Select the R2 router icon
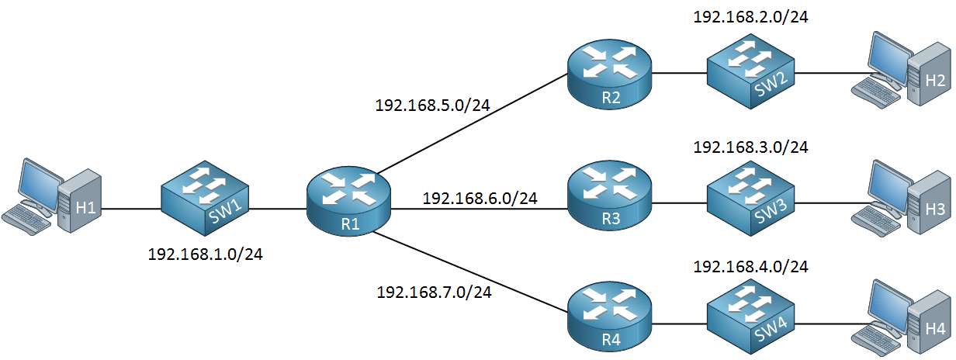609,74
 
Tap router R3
609,200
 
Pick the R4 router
609,314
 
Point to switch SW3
750,200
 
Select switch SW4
750,314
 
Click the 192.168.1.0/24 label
205,254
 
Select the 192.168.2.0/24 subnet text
750,16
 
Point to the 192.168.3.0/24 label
750,147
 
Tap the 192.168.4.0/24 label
750,267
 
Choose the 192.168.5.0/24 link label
432,105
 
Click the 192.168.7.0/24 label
434,292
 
